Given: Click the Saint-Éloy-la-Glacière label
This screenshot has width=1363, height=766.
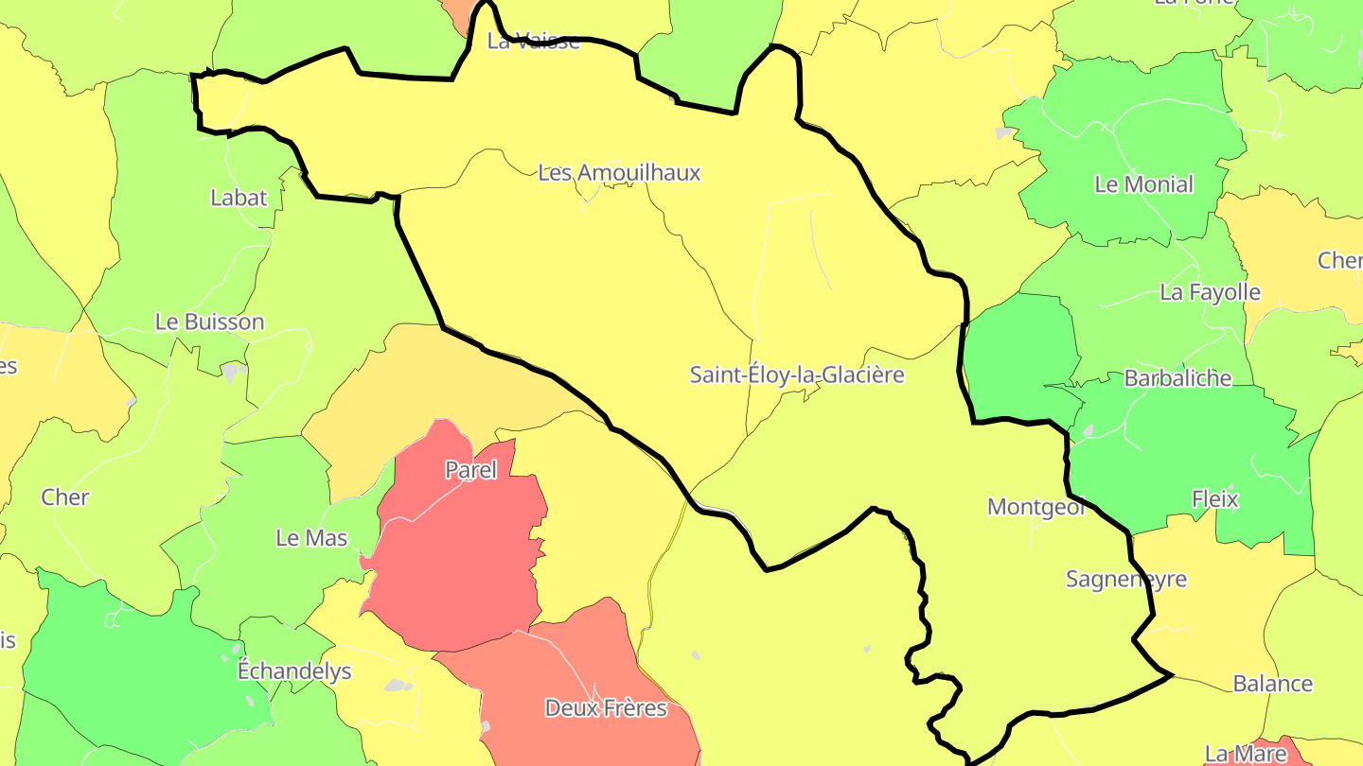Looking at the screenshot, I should click(x=797, y=375).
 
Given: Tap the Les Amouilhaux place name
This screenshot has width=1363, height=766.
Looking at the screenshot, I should click(x=619, y=173).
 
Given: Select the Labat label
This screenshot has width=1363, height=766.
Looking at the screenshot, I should click(x=239, y=198).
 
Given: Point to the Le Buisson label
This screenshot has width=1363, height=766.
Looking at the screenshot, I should click(x=209, y=322).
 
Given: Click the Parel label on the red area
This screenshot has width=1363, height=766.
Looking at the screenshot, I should click(x=470, y=470).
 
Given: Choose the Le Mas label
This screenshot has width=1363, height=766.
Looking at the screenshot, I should click(x=311, y=538).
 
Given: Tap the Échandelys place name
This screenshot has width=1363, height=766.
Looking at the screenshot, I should click(x=294, y=671).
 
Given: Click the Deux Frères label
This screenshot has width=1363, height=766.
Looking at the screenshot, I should click(x=606, y=708).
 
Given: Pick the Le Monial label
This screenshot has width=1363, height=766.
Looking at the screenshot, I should click(x=1143, y=184).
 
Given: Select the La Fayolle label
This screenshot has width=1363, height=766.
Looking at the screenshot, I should click(x=1210, y=292).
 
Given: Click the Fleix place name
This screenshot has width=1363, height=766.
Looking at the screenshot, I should click(x=1215, y=498).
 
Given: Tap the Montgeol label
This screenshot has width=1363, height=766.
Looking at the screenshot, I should click(x=1036, y=507).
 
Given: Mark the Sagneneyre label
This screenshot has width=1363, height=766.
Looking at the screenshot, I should click(x=1125, y=579).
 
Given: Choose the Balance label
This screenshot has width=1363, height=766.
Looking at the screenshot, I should click(x=1272, y=683).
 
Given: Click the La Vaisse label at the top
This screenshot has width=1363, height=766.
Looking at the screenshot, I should click(x=533, y=41).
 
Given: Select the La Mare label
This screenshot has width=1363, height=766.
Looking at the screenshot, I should click(x=1246, y=754).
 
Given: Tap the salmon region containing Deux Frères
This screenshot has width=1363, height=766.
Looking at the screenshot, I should click(x=577, y=662).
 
